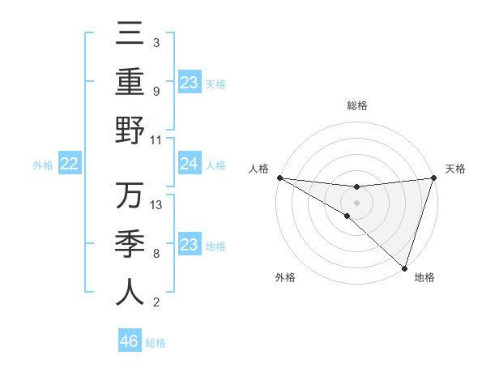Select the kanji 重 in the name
click(x=130, y=83)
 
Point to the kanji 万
click(x=130, y=197)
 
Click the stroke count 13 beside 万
click(x=157, y=205)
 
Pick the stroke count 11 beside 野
click(x=157, y=139)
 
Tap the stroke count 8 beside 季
click(x=156, y=254)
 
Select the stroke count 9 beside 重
click(x=156, y=91)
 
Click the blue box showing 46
click(x=129, y=341)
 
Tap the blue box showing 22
click(x=69, y=165)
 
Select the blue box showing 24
click(x=189, y=165)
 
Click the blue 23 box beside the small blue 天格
click(x=189, y=83)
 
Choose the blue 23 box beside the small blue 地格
click(x=189, y=246)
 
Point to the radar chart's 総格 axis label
click(x=356, y=105)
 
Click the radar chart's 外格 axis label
click(x=285, y=277)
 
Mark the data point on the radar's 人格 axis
click(x=279, y=178)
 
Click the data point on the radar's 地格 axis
click(x=404, y=268)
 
